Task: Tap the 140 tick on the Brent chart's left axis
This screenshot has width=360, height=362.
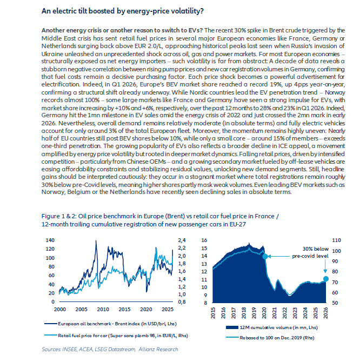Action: click(x=50, y=240)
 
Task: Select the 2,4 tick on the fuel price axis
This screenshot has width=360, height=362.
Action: click(x=182, y=240)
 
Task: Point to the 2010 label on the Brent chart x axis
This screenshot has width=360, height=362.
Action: click(x=103, y=310)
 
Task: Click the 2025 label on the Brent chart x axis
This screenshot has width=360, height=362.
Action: click(x=168, y=310)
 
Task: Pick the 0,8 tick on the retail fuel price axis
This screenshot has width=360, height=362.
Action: click(x=182, y=302)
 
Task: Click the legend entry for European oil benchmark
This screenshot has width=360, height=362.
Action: click(x=111, y=324)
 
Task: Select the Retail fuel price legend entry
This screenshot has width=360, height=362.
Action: click(x=116, y=336)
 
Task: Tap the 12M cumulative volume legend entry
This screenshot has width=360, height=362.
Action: click(x=272, y=327)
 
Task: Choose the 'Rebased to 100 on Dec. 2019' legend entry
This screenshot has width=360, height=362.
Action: click(x=270, y=338)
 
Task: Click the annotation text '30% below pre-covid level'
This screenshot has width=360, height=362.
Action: click(x=310, y=252)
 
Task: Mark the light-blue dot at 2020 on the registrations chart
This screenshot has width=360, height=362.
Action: click(x=265, y=256)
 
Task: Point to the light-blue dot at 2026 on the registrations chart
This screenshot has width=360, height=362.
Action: click(x=326, y=279)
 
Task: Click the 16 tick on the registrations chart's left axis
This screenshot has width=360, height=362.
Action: click(x=204, y=240)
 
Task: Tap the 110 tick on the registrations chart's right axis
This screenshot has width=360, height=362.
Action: click(x=336, y=240)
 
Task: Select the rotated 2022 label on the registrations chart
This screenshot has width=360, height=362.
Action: click(x=285, y=313)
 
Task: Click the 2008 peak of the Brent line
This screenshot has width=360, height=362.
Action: click(x=96, y=240)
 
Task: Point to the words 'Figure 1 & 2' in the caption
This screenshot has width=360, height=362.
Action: click(x=59, y=216)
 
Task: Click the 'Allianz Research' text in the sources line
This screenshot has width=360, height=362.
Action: click(x=158, y=349)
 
